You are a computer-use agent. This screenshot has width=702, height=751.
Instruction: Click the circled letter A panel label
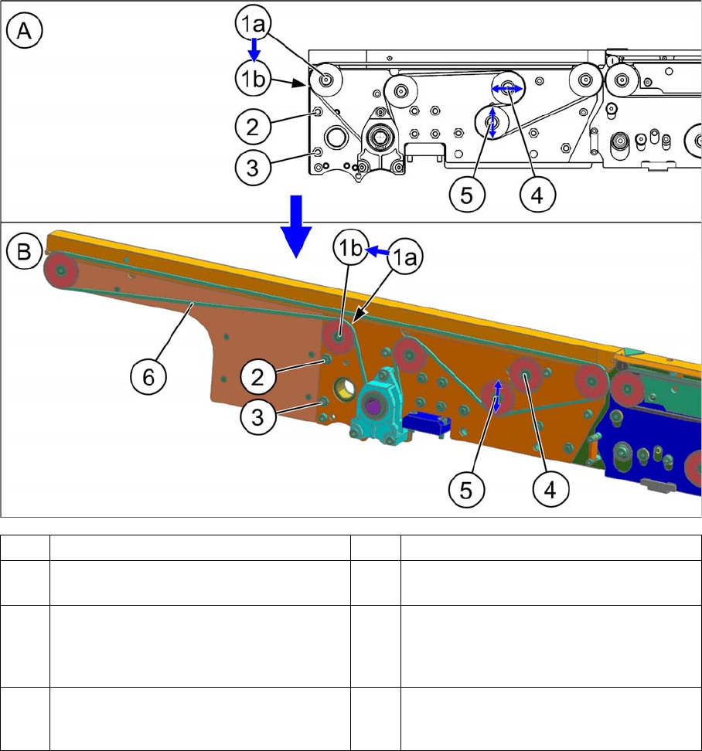point(25,31)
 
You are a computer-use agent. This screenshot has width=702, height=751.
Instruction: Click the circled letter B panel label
point(24,251)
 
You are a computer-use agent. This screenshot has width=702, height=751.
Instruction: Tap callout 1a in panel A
point(254,22)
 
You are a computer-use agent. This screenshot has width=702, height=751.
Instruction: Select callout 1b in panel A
point(253,79)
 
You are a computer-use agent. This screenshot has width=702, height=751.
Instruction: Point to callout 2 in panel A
point(253,127)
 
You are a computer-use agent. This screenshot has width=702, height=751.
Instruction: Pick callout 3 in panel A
point(253,168)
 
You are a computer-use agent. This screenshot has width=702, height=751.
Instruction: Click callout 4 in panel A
point(537,195)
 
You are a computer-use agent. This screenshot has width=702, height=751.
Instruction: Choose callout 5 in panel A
point(467,195)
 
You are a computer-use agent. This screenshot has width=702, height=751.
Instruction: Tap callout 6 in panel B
point(148,377)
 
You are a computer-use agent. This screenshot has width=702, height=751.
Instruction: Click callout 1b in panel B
point(351,247)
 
